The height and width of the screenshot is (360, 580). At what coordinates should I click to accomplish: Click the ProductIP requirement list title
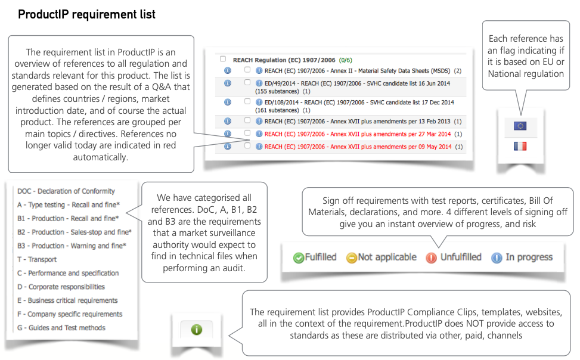point(86,14)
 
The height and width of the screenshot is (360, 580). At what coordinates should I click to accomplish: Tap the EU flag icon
point(520,126)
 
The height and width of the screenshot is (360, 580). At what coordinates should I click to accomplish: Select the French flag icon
point(520,145)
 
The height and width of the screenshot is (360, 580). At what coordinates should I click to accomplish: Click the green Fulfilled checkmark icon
point(298,258)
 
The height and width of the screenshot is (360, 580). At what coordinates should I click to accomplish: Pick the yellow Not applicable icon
point(351,258)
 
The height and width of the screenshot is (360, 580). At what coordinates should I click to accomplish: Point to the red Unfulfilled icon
point(431,258)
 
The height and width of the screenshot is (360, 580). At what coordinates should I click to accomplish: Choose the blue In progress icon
point(497,258)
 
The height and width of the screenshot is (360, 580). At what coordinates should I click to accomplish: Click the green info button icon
point(196,328)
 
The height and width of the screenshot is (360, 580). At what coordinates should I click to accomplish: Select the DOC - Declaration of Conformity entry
point(66,191)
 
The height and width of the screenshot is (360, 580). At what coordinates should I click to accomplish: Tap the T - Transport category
point(37,260)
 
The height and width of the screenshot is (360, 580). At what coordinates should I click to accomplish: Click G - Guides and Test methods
point(61,328)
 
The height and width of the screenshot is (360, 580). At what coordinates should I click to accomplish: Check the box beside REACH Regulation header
point(223,60)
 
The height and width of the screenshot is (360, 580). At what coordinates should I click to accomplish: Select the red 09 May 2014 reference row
point(359,147)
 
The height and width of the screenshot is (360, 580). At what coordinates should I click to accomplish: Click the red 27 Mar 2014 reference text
point(358,134)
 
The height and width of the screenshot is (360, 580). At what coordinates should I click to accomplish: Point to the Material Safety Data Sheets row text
point(358,71)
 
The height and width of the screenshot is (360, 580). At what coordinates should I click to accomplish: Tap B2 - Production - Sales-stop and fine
point(75,232)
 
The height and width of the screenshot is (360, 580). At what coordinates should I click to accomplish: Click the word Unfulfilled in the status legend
point(460,257)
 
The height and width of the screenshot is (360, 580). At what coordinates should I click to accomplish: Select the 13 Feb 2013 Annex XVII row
point(358,122)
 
